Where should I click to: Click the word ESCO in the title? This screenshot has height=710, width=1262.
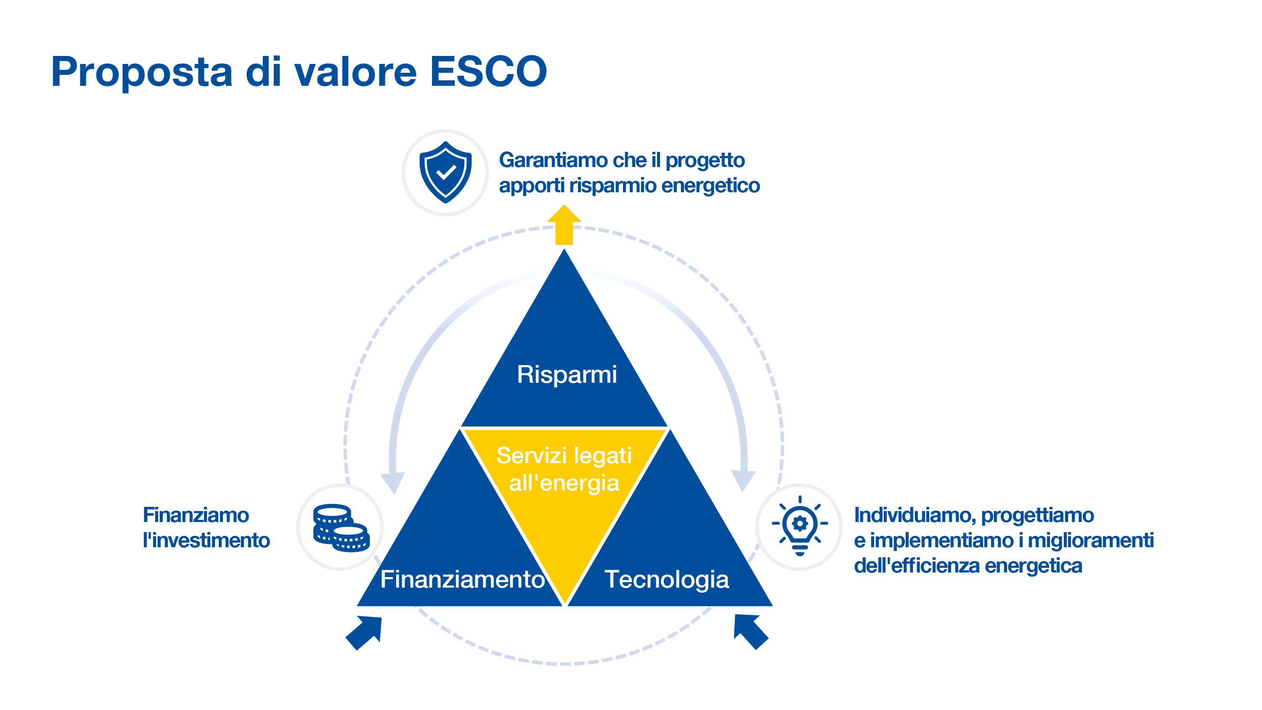click(488, 72)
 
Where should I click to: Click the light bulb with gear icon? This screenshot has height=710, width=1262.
click(800, 526)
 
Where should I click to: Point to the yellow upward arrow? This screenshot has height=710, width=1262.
click(564, 225)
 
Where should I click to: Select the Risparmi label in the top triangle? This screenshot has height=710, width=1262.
click(566, 374)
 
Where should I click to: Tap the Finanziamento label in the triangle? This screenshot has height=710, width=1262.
click(462, 579)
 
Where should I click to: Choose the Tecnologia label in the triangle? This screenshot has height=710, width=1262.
click(666, 579)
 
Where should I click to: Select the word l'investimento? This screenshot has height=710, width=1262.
click(206, 540)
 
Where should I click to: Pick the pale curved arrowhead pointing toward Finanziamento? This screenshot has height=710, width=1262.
click(393, 482)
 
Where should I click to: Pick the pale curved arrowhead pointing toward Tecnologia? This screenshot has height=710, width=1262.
click(743, 480)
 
